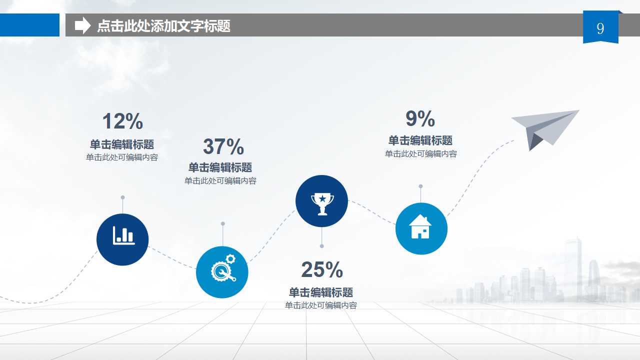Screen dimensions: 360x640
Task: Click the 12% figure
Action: [122, 121]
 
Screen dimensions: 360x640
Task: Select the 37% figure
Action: [223, 146]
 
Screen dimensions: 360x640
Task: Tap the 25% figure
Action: [321, 270]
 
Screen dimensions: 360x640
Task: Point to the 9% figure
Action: [420, 119]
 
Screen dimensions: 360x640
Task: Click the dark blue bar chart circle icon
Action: [122, 239]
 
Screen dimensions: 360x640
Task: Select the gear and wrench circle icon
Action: [222, 272]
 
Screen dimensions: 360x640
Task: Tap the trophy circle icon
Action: [321, 201]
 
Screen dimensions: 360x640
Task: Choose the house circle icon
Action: [421, 228]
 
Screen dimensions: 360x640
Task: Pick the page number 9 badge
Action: [600, 28]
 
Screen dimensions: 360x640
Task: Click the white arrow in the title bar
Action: [82, 25]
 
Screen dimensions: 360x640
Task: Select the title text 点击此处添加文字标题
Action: [164, 25]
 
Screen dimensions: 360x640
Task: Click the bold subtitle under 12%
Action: [122, 144]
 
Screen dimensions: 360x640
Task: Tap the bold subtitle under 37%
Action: [220, 167]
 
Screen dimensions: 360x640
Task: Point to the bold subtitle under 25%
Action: [321, 292]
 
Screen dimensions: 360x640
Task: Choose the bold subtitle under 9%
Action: [420, 140]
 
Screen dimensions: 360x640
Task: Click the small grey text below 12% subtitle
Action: [122, 157]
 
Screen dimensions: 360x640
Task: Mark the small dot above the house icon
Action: [420, 186]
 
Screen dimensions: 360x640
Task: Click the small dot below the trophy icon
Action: [321, 246]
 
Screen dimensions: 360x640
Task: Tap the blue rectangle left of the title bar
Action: [29, 25]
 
